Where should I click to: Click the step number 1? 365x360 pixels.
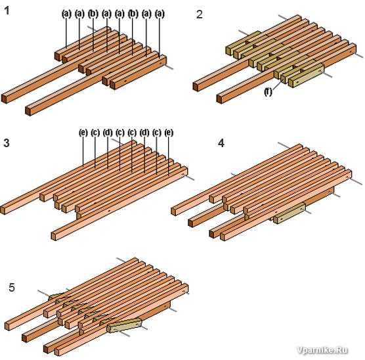pos(7,11)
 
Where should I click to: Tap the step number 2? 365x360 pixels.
pos(200,14)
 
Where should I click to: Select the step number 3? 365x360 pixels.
pos(7,143)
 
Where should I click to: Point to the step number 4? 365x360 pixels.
pos(221,143)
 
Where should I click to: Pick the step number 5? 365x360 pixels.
pos(12,287)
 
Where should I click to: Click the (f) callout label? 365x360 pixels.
pos(268,92)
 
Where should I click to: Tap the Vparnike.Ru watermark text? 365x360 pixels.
pos(322,350)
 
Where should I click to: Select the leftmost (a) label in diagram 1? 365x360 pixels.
pos(66,14)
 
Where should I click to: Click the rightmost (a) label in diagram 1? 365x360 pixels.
pos(160,14)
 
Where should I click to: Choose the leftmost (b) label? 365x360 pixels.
pos(93,14)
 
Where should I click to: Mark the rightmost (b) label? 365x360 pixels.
pos(133,14)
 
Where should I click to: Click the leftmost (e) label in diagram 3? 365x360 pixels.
pos(83,133)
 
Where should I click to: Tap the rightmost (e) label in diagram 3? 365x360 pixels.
pos(169,133)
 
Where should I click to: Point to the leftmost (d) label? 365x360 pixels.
pos(108,133)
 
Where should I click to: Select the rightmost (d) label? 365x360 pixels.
pos(144,133)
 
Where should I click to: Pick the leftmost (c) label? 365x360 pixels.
pos(95,133)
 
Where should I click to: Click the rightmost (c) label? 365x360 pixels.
pos(157,133)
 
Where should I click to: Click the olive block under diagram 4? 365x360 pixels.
pos(290,214)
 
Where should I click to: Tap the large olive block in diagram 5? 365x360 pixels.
pos(124,325)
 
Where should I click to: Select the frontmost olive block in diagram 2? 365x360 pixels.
pos(306,76)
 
